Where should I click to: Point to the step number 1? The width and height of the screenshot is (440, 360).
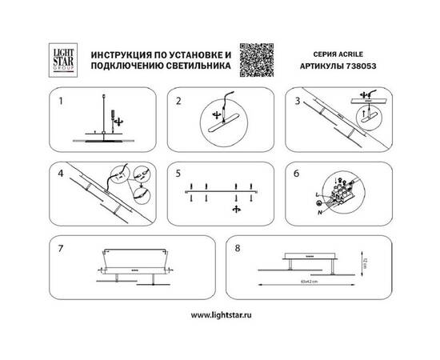[58, 102]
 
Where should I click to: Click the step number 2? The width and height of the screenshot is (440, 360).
[178, 102]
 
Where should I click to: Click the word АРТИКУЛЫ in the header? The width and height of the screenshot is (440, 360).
[323, 70]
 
